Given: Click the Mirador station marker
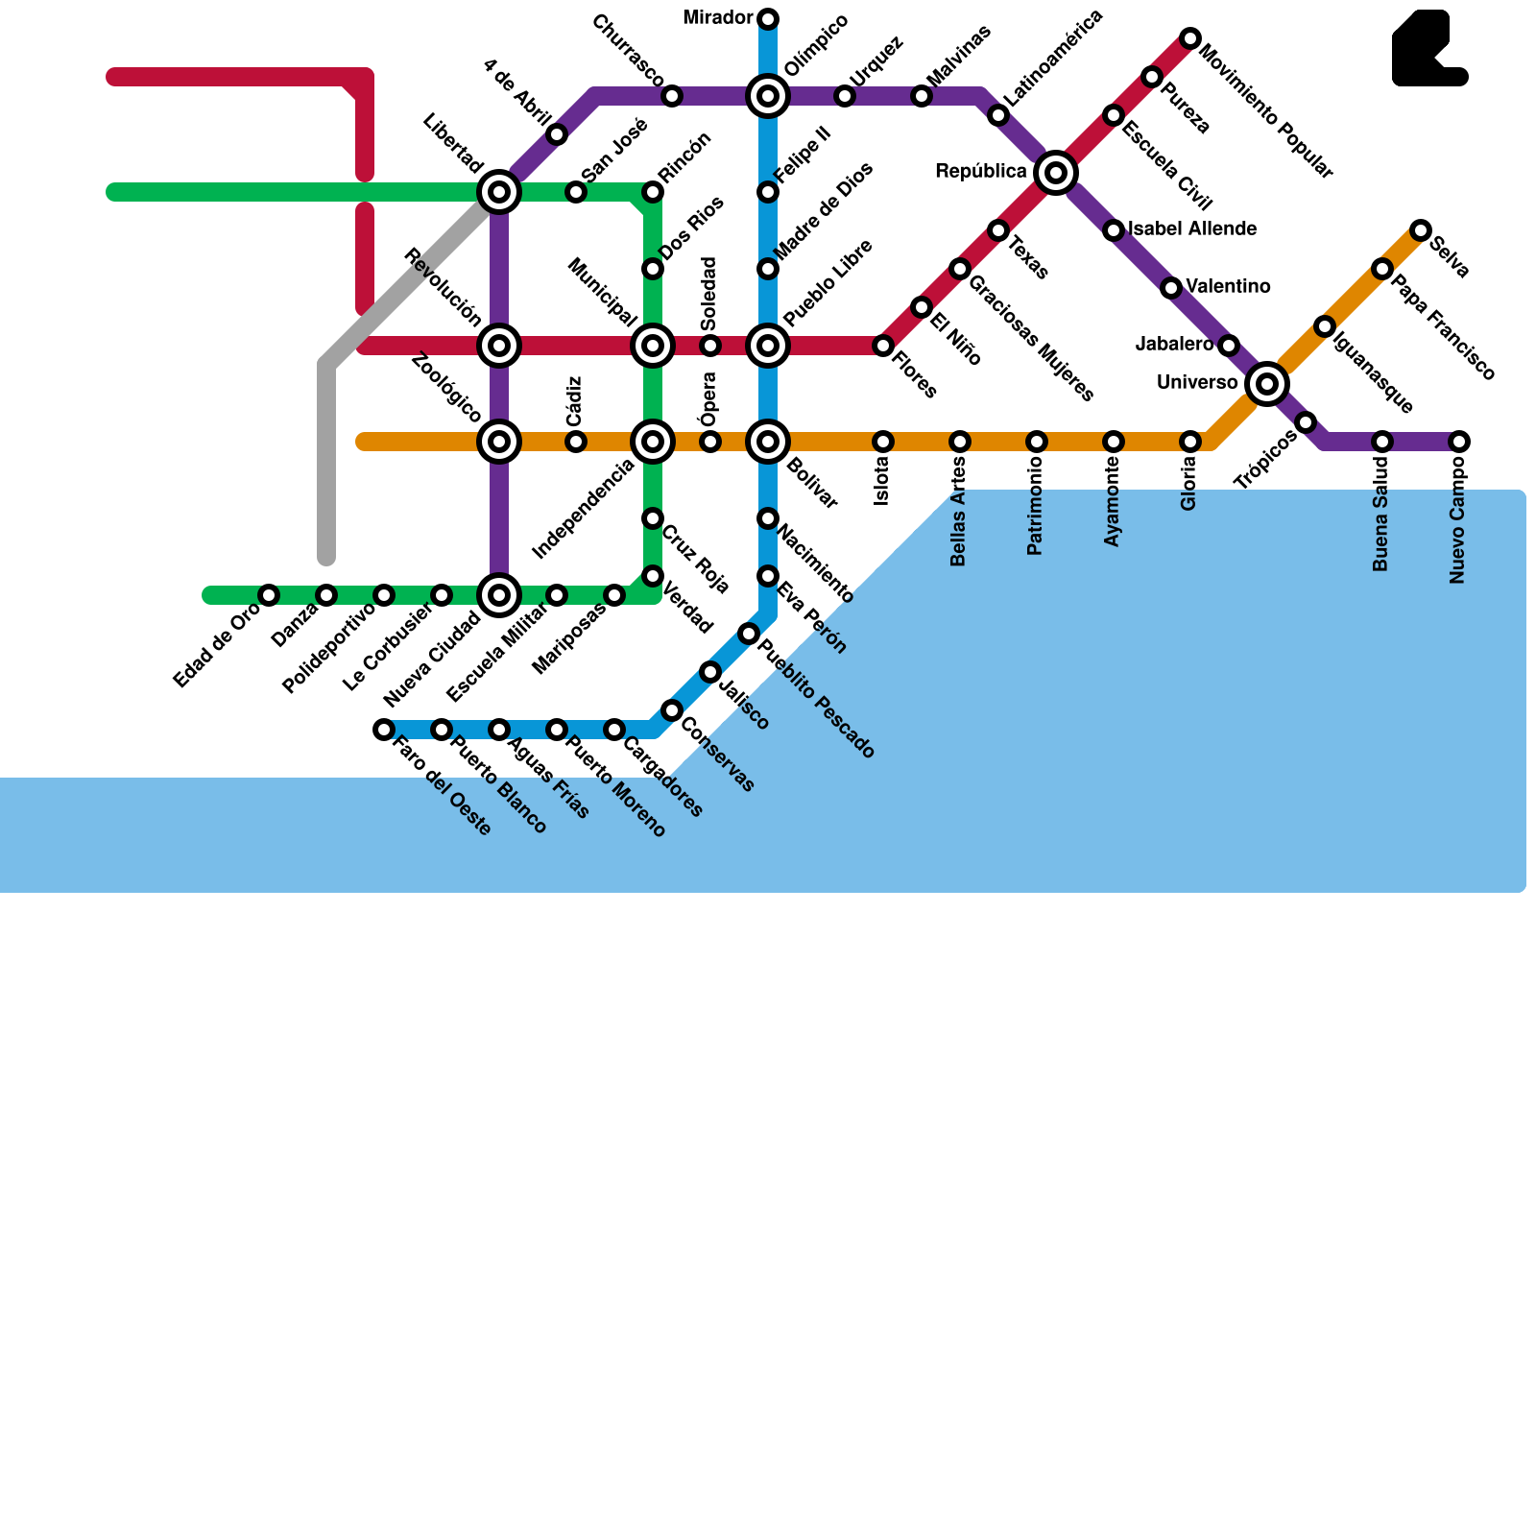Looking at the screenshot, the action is click(768, 19).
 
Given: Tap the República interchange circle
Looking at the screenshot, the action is click(1056, 173).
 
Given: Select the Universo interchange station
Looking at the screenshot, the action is click(1267, 384).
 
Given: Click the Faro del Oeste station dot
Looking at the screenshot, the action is click(384, 730).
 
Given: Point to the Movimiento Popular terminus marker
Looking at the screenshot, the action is click(1190, 38).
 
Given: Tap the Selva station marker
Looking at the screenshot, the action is click(1421, 230).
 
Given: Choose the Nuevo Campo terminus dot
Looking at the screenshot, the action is click(1459, 442).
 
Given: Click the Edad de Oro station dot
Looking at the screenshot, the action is click(269, 595).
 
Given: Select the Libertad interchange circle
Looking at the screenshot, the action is click(499, 192).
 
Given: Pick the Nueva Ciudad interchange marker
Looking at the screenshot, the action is click(499, 595).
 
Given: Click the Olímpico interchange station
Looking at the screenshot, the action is click(768, 96).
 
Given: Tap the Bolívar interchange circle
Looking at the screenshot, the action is click(768, 442).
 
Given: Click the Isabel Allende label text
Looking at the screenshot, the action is click(1192, 229).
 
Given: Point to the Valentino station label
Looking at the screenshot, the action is click(1228, 287).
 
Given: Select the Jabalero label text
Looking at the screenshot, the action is click(1174, 344).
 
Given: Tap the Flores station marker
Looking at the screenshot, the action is click(883, 346).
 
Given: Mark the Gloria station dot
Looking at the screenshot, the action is click(1190, 442).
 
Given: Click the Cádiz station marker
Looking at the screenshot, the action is click(576, 442).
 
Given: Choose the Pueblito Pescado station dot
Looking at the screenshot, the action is click(749, 634).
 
